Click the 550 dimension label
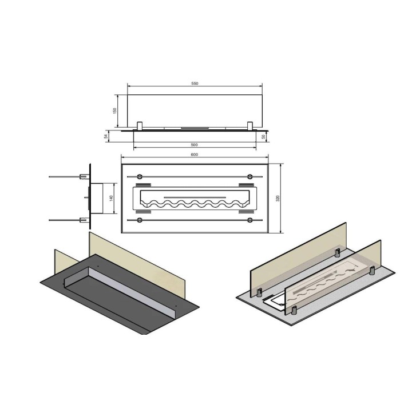[x=195, y=84]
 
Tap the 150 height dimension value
[x=114, y=111]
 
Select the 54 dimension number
[x=106, y=136]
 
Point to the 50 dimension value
[x=264, y=137]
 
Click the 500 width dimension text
[x=194, y=145]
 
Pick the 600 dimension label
[x=194, y=154]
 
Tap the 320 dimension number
[x=278, y=199]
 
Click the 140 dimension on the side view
[x=111, y=199]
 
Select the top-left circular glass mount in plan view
[x=139, y=177]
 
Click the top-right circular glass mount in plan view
[x=250, y=177]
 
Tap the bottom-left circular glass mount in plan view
[x=139, y=220]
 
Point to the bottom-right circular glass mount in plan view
[x=250, y=220]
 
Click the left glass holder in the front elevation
[x=140, y=126]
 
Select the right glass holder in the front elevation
[x=250, y=126]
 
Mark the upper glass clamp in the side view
[x=84, y=177]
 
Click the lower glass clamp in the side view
[x=84, y=220]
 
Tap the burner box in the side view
[x=96, y=199]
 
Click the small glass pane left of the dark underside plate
[x=67, y=262]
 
